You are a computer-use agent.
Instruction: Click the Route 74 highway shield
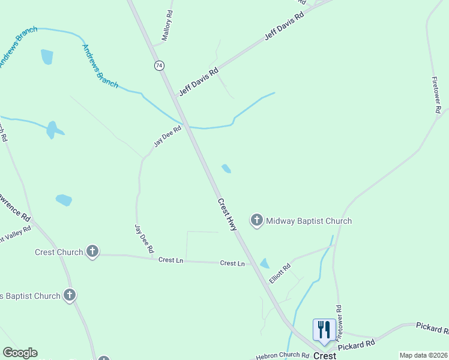coord(159,65)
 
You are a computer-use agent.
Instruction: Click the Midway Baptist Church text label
coord(309,221)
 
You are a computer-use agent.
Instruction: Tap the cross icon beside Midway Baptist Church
coord(257,221)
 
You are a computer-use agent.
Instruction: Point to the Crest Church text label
coord(59,252)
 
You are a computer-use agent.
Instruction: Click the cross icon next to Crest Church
coord(92,251)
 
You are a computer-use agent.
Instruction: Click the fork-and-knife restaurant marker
coord(324,329)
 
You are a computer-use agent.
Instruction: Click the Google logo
coord(20,353)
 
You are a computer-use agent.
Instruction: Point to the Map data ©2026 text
coord(423,355)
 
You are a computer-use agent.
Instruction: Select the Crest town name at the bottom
coord(325,356)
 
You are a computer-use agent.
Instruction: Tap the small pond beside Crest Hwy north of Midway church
coord(226,169)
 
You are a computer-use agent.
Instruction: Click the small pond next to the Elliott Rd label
coord(265,263)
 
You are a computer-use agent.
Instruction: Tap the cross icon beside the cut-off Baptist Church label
coord(70,295)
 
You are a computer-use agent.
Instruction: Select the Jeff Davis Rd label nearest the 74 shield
coord(199,82)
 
